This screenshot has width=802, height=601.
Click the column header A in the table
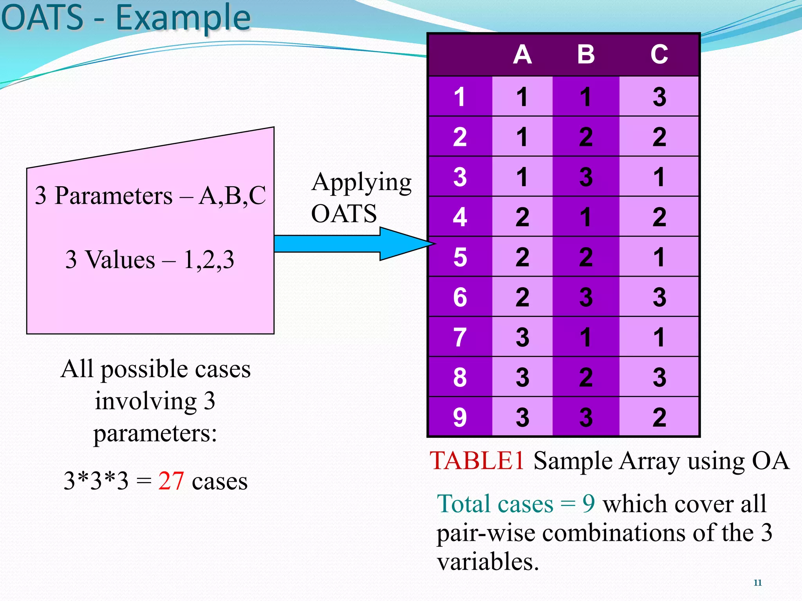click(x=522, y=54)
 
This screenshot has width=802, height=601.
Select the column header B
click(x=586, y=54)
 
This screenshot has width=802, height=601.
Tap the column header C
click(x=659, y=54)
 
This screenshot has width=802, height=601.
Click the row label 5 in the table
click(x=460, y=257)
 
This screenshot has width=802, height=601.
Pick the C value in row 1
click(x=659, y=97)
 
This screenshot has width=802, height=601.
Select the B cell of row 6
click(x=586, y=297)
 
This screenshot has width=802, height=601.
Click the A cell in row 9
click(x=522, y=417)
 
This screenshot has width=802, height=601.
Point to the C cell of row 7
click(x=659, y=337)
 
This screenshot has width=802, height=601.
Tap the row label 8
click(x=460, y=377)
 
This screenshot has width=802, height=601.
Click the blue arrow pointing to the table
click(x=352, y=244)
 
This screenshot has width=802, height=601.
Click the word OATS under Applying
click(x=344, y=214)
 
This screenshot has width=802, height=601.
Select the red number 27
click(x=171, y=481)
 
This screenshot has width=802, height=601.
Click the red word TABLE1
click(x=477, y=461)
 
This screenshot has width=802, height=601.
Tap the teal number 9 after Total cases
click(x=588, y=504)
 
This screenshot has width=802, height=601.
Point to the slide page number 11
click(x=757, y=583)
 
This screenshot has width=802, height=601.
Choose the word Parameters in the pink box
click(x=113, y=195)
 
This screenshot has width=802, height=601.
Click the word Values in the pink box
click(x=120, y=259)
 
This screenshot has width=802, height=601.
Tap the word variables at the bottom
click(x=488, y=562)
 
